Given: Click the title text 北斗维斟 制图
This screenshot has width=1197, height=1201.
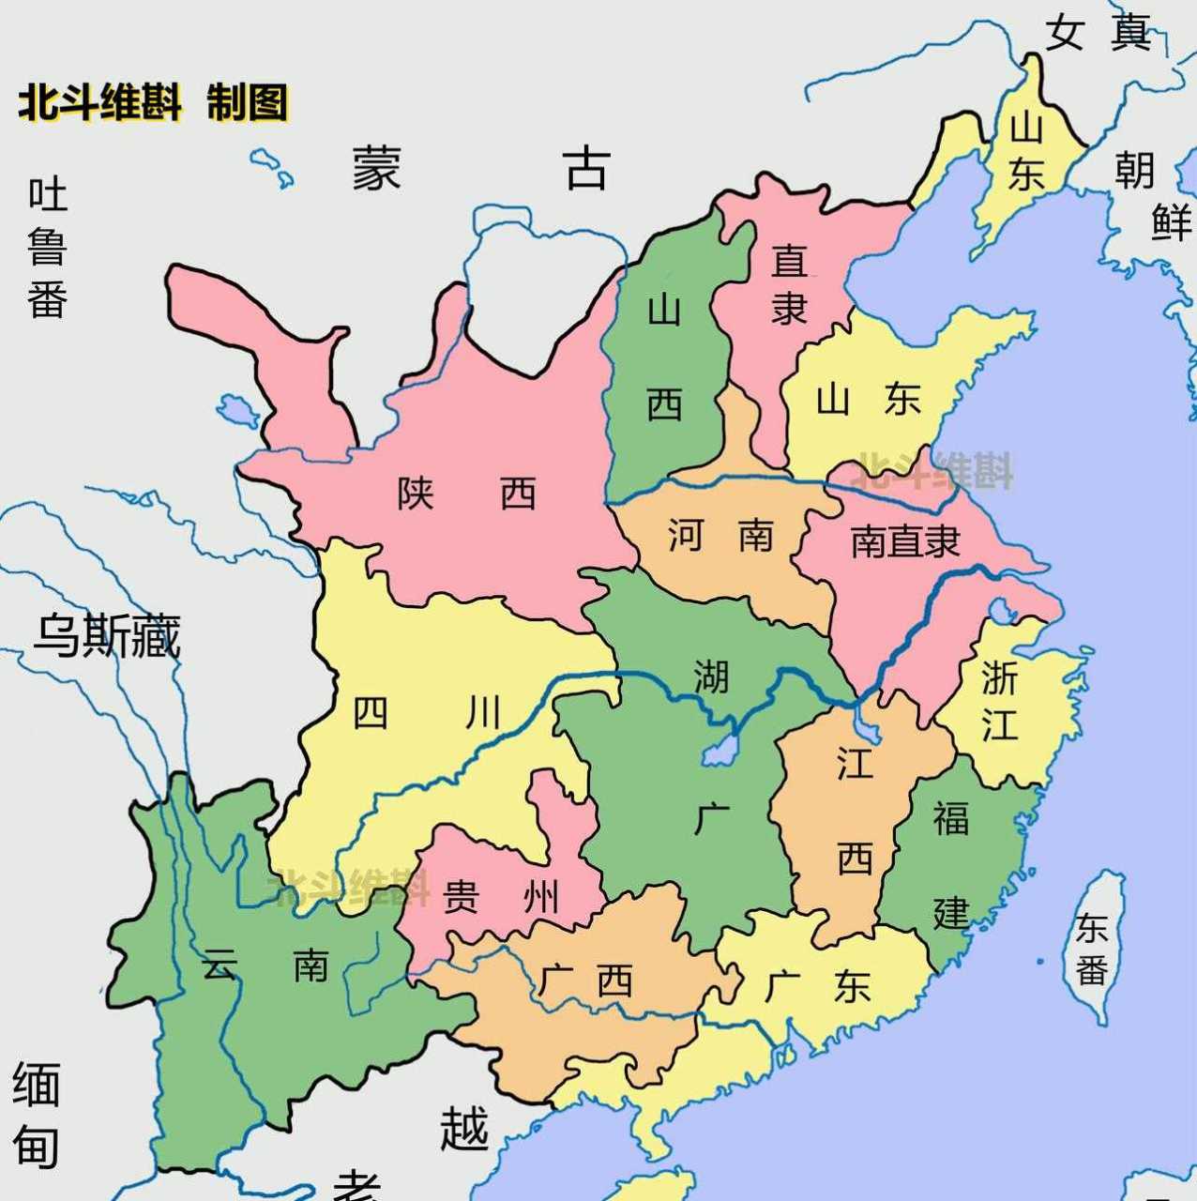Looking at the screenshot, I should [x=153, y=102].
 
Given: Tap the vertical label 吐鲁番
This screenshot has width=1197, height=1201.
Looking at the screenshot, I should [x=47, y=248].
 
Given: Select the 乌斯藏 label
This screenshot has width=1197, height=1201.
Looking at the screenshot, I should [x=106, y=635].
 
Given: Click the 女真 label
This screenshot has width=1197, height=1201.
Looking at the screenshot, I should [x=1098, y=32].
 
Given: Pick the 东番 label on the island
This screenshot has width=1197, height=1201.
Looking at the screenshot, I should [x=1092, y=949].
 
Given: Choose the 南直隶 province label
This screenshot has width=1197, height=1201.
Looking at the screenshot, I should [x=905, y=541].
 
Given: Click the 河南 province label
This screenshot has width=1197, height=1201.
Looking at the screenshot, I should [x=720, y=536].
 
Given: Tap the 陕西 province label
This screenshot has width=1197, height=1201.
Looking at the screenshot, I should [x=466, y=493].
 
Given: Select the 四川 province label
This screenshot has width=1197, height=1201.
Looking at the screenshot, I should [x=427, y=714].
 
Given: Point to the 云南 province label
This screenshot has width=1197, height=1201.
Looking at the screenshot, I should [x=265, y=964].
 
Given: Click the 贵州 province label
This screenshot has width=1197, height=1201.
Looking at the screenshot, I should [x=500, y=897].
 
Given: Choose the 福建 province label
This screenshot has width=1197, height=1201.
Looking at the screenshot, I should [x=950, y=864].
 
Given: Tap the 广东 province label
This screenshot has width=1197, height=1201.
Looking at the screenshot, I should [x=817, y=986].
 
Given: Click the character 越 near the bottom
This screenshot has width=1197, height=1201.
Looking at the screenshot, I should [x=464, y=1128].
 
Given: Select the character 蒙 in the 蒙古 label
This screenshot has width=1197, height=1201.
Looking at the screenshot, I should [x=377, y=169].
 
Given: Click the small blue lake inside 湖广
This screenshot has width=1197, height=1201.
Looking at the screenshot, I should [x=720, y=750].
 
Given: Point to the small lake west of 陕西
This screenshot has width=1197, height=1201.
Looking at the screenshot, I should [x=236, y=410].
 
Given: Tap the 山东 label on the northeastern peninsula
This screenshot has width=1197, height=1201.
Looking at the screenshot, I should [x=1026, y=150].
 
